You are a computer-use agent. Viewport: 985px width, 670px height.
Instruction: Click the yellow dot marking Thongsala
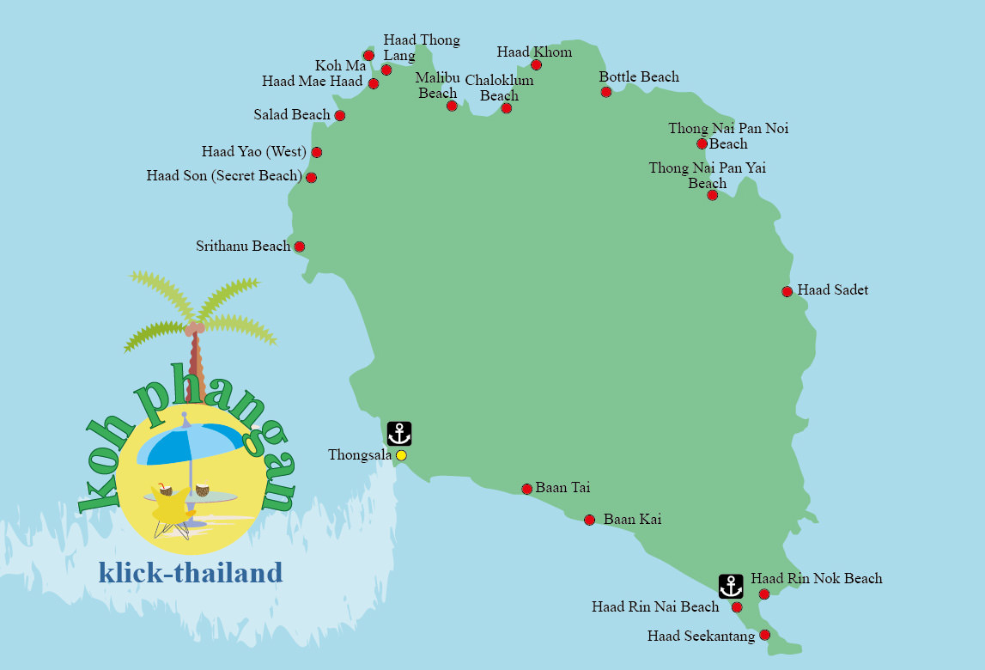[401, 455]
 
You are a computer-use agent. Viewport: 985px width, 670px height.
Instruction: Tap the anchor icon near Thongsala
[399, 434]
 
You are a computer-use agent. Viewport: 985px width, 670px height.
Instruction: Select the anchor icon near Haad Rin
[731, 587]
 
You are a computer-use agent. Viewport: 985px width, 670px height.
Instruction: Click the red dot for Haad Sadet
[787, 292]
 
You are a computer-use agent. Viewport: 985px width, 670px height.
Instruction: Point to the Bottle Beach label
[639, 77]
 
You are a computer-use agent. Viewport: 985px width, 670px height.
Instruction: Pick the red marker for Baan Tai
[527, 489]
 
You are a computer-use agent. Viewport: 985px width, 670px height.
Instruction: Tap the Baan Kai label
[632, 520]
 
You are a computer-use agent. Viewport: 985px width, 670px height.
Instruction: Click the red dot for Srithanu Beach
[300, 247]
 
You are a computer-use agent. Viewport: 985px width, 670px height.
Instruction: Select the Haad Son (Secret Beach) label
[224, 176]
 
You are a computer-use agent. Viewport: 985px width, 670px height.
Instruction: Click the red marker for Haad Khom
[536, 65]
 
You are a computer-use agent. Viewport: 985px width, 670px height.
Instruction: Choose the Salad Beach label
[292, 114]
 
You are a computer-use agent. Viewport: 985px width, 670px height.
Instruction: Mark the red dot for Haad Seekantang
[764, 636]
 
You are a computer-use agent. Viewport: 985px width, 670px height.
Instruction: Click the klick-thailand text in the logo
[191, 573]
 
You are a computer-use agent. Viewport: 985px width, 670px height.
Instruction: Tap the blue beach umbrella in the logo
[191, 443]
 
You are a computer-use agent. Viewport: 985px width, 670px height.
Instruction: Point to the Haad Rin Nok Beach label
[816, 579]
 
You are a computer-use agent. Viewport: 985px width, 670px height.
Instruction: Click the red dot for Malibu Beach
[452, 106]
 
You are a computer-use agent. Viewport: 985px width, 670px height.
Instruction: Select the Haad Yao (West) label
[253, 152]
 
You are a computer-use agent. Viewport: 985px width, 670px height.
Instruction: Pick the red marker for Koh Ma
[368, 56]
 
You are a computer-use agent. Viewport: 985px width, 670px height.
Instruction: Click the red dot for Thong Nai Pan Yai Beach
[712, 196]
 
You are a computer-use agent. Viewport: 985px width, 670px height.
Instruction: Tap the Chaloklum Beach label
[499, 88]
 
